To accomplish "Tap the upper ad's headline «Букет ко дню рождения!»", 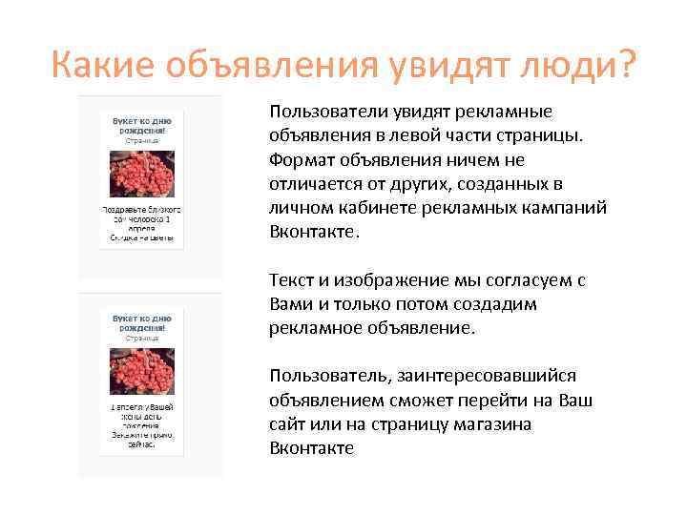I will coord(142,128).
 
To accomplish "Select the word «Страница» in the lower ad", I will coord(142,338).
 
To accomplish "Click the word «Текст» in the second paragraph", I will coord(292,281).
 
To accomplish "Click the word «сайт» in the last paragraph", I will coord(289,423).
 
